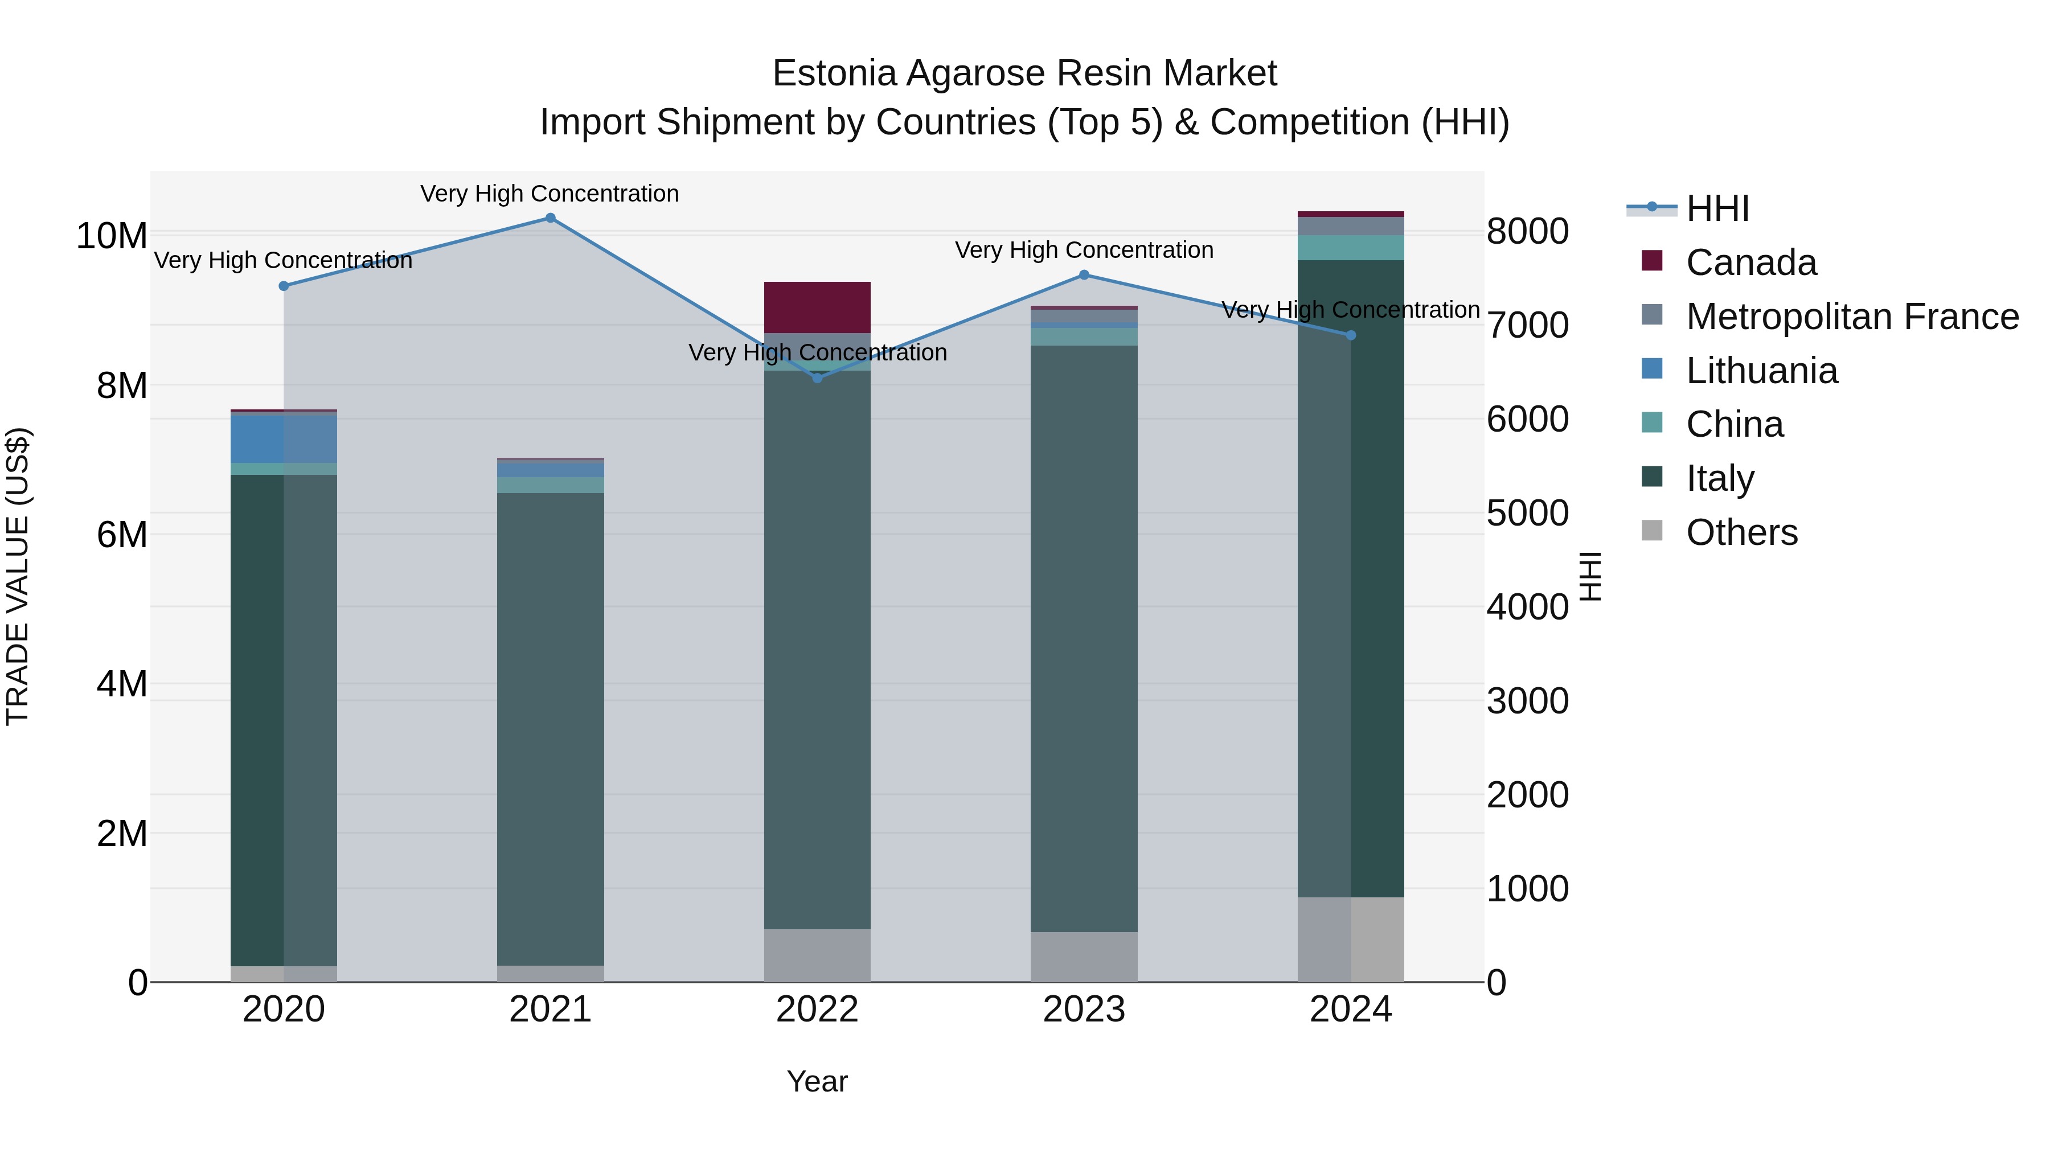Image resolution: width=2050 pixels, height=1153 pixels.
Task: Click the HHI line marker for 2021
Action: [x=550, y=218]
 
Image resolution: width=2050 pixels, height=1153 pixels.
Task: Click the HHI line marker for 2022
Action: [x=817, y=378]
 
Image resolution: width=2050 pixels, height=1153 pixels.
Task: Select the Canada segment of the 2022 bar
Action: [x=817, y=307]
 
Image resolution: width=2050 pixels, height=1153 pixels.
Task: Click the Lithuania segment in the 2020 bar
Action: [x=284, y=439]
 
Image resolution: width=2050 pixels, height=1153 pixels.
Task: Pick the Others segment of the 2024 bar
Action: [x=1351, y=939]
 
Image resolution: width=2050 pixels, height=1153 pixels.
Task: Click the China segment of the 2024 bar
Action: [x=1351, y=248]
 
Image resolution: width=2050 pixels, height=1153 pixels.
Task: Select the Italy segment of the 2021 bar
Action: [x=550, y=728]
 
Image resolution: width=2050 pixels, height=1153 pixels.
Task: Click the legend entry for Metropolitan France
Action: [x=1852, y=317]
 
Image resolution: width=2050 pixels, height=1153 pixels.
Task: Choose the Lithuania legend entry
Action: [x=1761, y=371]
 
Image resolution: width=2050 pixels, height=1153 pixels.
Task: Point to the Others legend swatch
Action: [x=1652, y=531]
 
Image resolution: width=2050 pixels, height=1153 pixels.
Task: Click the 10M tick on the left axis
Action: [x=112, y=236]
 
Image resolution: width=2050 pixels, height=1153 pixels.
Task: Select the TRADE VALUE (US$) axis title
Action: [x=18, y=576]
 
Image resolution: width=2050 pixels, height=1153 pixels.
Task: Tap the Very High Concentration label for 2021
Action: [x=550, y=194]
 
